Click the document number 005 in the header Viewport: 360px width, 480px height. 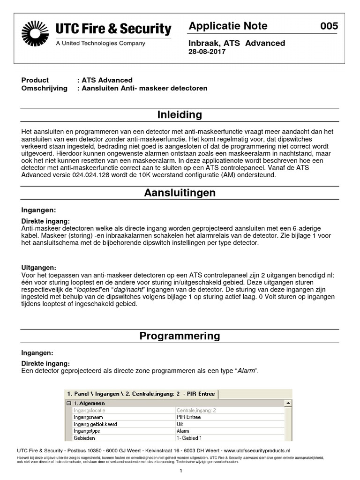click(329, 26)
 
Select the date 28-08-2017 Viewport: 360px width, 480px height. click(207, 52)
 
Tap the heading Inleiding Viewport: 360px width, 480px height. click(180, 115)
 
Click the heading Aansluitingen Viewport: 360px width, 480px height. click(180, 193)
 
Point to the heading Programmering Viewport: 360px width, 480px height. click(180, 336)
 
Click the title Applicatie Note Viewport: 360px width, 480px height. click(228, 26)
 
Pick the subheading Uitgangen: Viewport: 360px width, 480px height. click(39, 267)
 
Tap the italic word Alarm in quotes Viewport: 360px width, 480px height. click(247, 371)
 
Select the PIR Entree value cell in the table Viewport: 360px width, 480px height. click(188, 417)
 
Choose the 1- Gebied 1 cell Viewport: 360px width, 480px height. click(189, 438)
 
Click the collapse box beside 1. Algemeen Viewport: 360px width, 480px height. click(68, 403)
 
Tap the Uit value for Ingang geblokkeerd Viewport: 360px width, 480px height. click(180, 424)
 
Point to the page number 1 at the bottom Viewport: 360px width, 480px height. click(180, 471)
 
